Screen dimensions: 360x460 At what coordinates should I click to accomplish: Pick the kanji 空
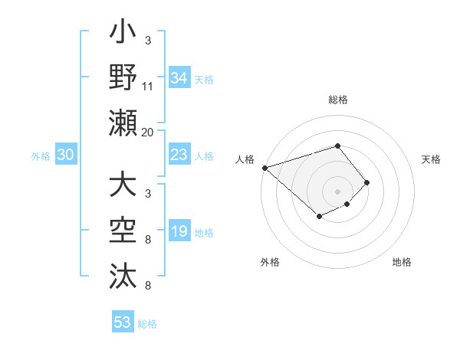click(123, 231)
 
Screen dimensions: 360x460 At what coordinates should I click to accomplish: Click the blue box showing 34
click(179, 77)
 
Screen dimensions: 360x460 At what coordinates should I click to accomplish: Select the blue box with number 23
click(179, 155)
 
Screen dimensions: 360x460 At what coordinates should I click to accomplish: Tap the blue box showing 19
click(179, 232)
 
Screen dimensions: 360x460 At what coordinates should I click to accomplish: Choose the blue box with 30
click(66, 155)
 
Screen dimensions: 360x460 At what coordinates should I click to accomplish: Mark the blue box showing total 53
click(123, 322)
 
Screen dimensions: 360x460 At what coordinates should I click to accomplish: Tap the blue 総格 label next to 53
click(147, 324)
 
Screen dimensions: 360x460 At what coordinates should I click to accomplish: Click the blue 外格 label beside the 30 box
click(41, 156)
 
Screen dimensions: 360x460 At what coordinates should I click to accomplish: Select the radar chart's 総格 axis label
click(338, 100)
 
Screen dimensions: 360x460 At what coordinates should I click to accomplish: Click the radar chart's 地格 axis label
click(402, 262)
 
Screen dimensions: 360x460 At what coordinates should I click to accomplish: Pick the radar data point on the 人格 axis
click(264, 167)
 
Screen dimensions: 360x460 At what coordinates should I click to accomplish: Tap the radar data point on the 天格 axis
click(367, 182)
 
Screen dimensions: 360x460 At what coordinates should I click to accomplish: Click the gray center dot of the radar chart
click(338, 191)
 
